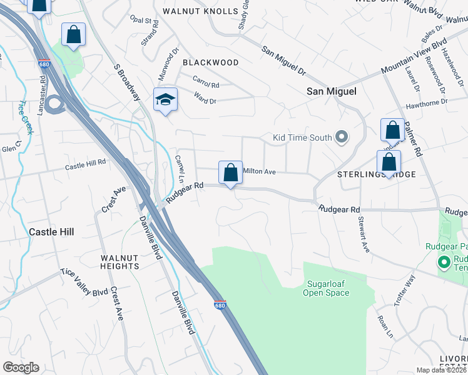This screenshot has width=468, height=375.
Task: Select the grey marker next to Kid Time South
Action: click(x=342, y=136)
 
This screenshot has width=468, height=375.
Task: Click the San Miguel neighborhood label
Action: click(x=331, y=91)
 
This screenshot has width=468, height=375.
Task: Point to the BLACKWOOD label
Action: click(x=210, y=62)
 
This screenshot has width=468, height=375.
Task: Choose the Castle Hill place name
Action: click(x=52, y=231)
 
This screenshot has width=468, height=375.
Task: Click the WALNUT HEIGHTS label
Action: click(x=120, y=262)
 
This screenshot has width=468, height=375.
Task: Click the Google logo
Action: click(x=21, y=367)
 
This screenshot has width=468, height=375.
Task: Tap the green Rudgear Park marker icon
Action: click(x=445, y=262)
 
